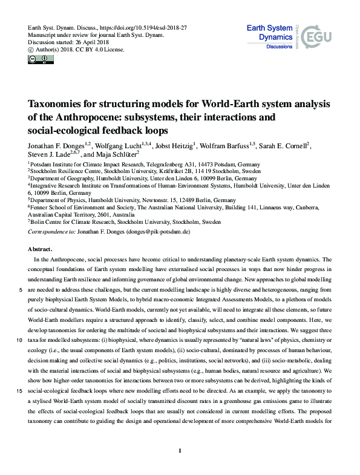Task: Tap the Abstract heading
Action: point(41,249)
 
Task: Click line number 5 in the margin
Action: point(21,290)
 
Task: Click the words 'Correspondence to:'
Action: point(50,232)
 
